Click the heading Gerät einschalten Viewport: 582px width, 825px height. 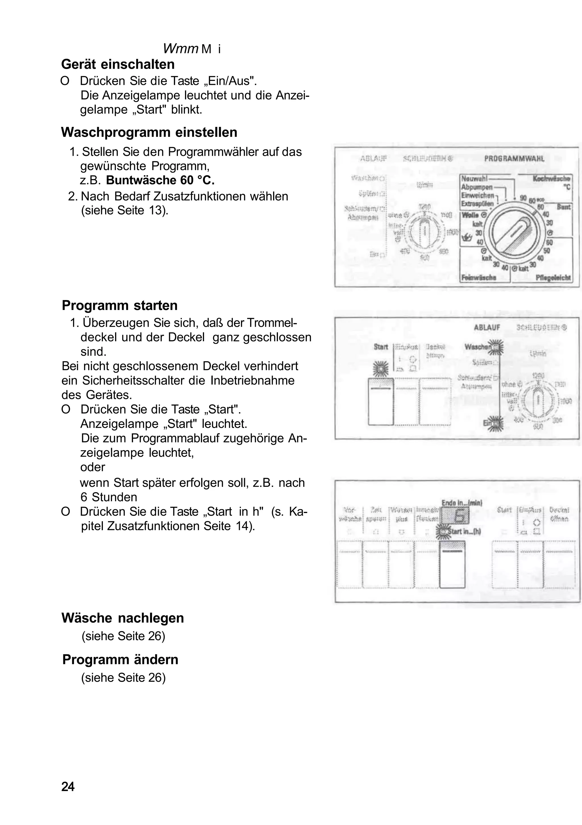tap(118, 64)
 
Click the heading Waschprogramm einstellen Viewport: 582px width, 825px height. tap(149, 132)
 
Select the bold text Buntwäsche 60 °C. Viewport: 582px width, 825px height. tap(160, 180)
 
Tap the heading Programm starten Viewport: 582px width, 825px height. tap(119, 305)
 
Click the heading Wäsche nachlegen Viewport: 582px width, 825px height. tap(122, 618)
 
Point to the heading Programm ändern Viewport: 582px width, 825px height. tap(120, 660)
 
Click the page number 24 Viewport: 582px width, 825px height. tap(68, 787)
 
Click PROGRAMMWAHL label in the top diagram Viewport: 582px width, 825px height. tap(514, 158)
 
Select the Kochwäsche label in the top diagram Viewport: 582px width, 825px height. tap(551, 179)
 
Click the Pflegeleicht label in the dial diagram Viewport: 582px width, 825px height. tap(553, 278)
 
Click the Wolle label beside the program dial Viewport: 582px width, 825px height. tap(471, 215)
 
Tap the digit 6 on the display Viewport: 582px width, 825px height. tap(459, 517)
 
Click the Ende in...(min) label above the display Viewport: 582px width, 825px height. tap(462, 503)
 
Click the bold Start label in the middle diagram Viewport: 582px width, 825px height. tap(381, 347)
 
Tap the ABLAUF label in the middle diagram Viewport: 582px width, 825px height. tap(487, 327)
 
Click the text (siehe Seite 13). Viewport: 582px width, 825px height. tap(125, 210)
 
